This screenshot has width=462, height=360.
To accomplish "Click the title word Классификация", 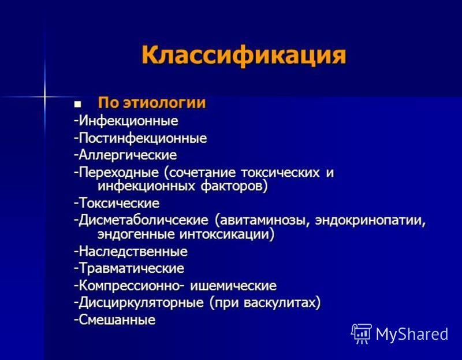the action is point(244,55).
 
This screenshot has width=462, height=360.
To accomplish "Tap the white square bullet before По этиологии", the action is point(78,104).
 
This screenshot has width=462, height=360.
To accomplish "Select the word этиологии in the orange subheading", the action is point(165,103).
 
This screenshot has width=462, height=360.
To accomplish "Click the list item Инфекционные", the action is point(128,121).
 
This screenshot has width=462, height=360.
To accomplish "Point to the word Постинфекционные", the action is point(143,138).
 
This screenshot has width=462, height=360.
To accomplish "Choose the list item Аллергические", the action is point(128,155).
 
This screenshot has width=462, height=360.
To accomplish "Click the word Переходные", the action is point(119,172).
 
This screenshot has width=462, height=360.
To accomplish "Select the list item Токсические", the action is point(120,203).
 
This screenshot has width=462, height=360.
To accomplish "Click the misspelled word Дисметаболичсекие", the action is point(143,220).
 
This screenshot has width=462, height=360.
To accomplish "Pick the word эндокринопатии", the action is point(370,221).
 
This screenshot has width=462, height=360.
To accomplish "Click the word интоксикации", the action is point(225,235).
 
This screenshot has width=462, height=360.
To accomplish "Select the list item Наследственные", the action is point(133,251).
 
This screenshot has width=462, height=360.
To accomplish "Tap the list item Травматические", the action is point(132,268).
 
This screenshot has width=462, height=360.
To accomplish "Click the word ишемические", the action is point(233,285).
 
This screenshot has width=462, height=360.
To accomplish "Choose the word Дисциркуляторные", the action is point(141,303).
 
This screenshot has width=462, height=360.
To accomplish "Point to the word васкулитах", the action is point(279,303).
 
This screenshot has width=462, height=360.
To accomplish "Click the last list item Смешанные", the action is point(117,320).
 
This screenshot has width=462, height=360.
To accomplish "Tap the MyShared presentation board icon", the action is point(362,334).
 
